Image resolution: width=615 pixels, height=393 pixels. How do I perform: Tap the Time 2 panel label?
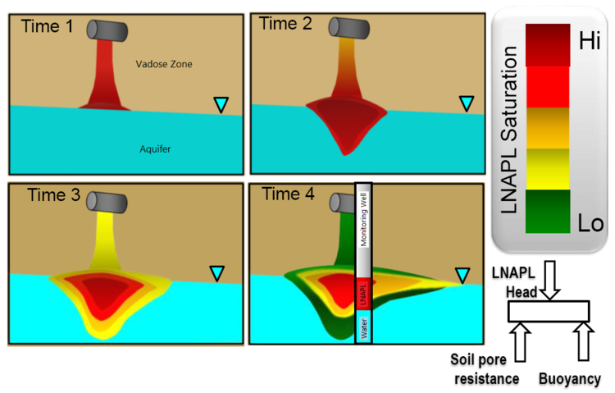point(285,24)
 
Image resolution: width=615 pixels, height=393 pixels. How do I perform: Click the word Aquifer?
point(157,149)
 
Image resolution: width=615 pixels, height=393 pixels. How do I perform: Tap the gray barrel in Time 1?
point(109,30)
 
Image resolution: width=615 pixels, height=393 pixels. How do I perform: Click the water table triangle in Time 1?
point(221,104)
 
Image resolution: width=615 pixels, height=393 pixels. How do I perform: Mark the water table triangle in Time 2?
point(466,103)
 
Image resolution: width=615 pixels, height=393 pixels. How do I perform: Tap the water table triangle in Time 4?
point(463,274)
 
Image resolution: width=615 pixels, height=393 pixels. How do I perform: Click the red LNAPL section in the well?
point(363,295)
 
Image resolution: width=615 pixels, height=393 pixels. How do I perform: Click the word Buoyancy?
point(570,379)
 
